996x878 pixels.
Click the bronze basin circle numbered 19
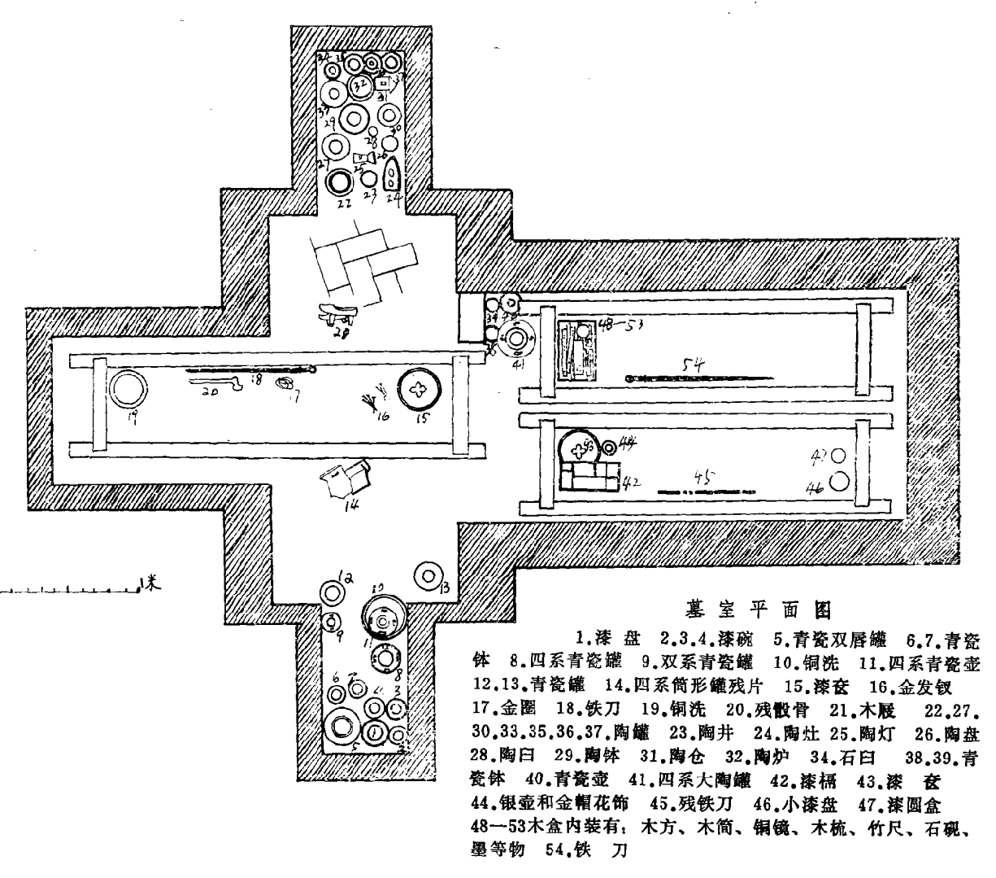(126, 390)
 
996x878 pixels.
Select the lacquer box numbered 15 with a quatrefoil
(420, 390)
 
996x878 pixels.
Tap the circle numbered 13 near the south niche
(427, 575)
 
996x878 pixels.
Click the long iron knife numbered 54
(699, 378)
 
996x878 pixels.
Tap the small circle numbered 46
(839, 482)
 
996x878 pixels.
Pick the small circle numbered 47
(837, 457)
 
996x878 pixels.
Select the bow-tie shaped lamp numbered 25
(364, 156)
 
